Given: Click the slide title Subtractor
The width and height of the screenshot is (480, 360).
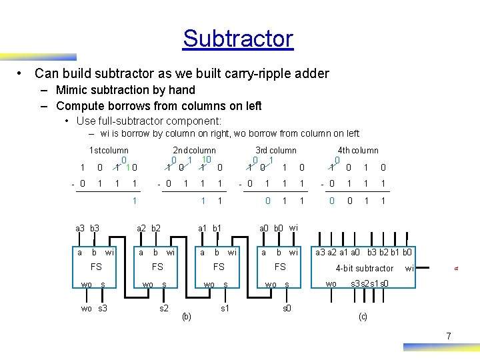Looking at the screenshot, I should [238, 39].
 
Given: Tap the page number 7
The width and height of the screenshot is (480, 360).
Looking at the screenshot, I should [449, 337].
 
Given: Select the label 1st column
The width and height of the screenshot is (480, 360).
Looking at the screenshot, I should [109, 151].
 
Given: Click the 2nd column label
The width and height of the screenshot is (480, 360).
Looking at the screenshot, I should [194, 151].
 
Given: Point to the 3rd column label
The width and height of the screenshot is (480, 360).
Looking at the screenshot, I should [276, 151].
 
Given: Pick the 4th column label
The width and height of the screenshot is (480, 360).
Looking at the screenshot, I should [358, 151].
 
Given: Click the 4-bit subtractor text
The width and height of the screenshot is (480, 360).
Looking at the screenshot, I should [365, 269].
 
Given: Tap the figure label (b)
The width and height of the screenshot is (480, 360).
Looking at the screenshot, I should [187, 316].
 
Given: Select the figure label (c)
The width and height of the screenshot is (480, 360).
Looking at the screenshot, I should [363, 316].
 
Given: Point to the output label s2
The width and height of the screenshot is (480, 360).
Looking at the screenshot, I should [163, 309].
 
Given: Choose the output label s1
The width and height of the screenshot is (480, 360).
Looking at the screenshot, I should [225, 309].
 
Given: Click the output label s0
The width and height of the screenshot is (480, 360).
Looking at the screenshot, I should [287, 309].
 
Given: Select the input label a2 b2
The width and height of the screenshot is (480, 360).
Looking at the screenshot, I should [149, 229].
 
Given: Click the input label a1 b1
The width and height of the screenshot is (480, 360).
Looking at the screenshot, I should [210, 229].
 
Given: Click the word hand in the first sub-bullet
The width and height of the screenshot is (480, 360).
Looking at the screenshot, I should [182, 90].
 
